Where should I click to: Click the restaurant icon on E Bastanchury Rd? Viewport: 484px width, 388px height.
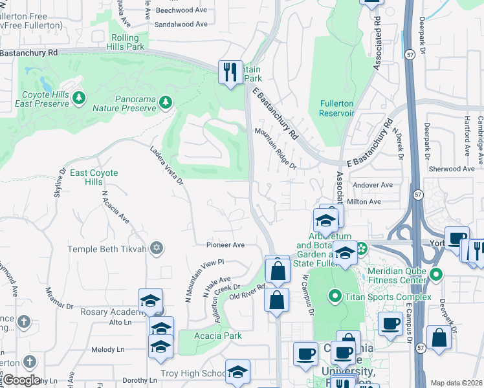(229, 71)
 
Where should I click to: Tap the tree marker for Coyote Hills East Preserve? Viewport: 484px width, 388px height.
(79, 98)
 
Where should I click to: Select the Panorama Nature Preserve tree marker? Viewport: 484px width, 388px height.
(166, 102)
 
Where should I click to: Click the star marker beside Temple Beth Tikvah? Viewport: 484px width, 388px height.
(155, 248)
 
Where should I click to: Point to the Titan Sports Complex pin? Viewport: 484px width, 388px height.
(335, 297)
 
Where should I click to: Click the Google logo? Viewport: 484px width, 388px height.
(21, 380)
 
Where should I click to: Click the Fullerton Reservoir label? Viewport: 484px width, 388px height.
(337, 108)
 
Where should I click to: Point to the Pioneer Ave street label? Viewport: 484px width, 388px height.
(225, 245)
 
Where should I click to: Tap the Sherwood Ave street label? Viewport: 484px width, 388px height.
(452, 169)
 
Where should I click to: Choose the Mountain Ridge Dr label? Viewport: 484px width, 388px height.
(275, 148)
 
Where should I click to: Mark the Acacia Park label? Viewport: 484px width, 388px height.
(218, 336)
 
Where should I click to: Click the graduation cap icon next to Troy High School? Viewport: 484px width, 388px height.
(237, 372)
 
